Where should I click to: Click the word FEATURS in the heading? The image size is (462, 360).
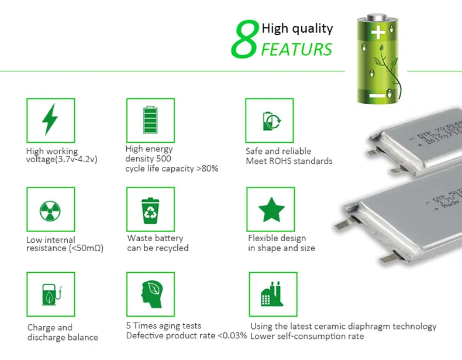click(297, 49)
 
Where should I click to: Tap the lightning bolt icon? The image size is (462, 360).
click(50, 119)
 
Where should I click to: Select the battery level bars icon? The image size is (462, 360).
click(150, 120)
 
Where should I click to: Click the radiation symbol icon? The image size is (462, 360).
click(50, 211)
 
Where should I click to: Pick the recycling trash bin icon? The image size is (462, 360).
click(150, 210)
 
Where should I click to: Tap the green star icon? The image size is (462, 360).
click(271, 210)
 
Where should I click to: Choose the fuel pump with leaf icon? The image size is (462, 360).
click(50, 294)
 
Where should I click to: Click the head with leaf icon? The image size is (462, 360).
click(151, 294)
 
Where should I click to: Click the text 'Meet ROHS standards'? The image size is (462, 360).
click(289, 161)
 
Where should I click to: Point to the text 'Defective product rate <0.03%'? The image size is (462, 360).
click(187, 336)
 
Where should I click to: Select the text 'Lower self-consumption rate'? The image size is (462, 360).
click(307, 337)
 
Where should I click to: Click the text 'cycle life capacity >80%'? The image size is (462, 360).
click(172, 169)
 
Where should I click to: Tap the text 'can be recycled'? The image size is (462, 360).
click(158, 248)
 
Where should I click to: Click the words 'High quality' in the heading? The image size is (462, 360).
click(297, 28)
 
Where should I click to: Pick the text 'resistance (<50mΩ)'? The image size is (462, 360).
click(65, 248)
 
